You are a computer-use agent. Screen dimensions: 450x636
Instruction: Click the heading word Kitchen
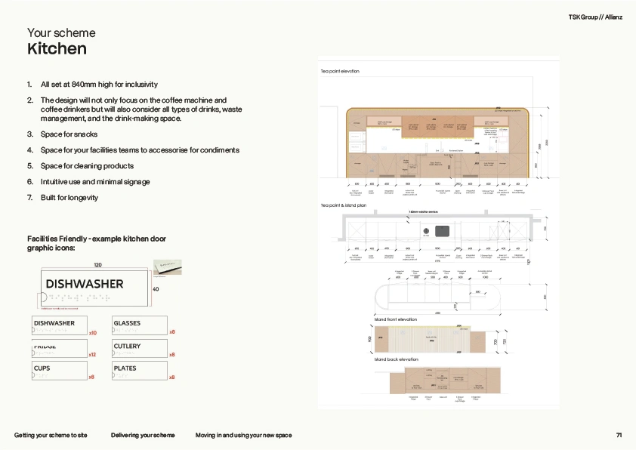[57, 49]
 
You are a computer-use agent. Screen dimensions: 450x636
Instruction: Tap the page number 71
[619, 435]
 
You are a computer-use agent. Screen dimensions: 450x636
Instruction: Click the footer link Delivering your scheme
[143, 435]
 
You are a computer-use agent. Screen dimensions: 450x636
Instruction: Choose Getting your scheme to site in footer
[51, 435]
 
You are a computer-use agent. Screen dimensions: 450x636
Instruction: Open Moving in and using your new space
[243, 435]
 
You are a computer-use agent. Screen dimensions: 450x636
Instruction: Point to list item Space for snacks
[70, 134]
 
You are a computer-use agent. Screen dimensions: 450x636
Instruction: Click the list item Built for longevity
[69, 198]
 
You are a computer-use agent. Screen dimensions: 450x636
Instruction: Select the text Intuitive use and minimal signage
[95, 182]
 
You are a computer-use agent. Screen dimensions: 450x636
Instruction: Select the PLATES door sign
[139, 371]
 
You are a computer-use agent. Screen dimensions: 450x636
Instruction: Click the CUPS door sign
[59, 371]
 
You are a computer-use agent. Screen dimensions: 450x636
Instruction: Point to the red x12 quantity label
[92, 354]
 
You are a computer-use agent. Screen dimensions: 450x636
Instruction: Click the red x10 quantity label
[92, 332]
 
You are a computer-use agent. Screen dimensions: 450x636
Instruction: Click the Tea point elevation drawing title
[340, 71]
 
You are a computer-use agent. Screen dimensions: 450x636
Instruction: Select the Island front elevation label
[396, 319]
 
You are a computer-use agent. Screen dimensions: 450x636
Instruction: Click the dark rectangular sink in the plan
[442, 230]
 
